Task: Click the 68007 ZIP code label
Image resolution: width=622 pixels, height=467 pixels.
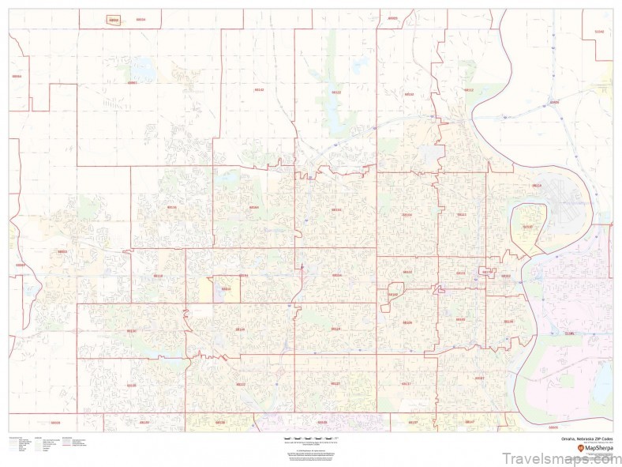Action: pyautogui.click(x=132, y=82)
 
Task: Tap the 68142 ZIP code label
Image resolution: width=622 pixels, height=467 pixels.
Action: pyautogui.click(x=259, y=90)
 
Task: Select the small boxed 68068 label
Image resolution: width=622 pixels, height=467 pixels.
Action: pyautogui.click(x=114, y=21)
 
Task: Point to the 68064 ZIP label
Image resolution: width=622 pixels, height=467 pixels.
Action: pyautogui.click(x=17, y=77)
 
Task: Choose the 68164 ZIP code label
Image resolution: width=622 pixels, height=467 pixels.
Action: pyautogui.click(x=253, y=207)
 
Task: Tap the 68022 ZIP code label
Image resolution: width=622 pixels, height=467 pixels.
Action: pyautogui.click(x=62, y=252)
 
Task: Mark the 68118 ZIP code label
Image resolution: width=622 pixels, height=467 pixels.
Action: pyautogui.click(x=158, y=276)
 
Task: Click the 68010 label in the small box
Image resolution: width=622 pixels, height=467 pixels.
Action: pyautogui.click(x=226, y=289)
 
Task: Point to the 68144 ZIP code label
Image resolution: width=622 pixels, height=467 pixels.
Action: pyautogui.click(x=241, y=330)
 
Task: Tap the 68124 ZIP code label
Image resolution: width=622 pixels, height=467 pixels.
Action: pyautogui.click(x=335, y=329)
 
